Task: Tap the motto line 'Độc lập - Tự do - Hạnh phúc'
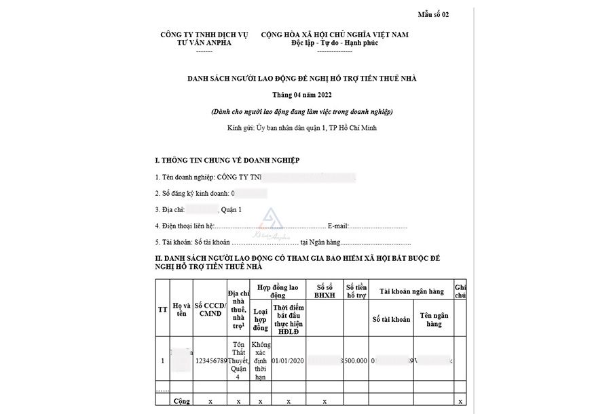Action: point(335,43)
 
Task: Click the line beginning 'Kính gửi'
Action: point(302,127)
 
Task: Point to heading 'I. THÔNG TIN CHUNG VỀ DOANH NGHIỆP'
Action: point(227,160)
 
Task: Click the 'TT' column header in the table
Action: point(162,309)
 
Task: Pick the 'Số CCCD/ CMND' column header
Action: point(210,309)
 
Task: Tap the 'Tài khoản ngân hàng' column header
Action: point(411,291)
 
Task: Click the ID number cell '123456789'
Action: point(210,361)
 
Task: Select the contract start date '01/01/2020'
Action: point(289,361)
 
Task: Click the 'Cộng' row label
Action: point(180,401)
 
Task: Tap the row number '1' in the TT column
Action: point(162,361)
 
